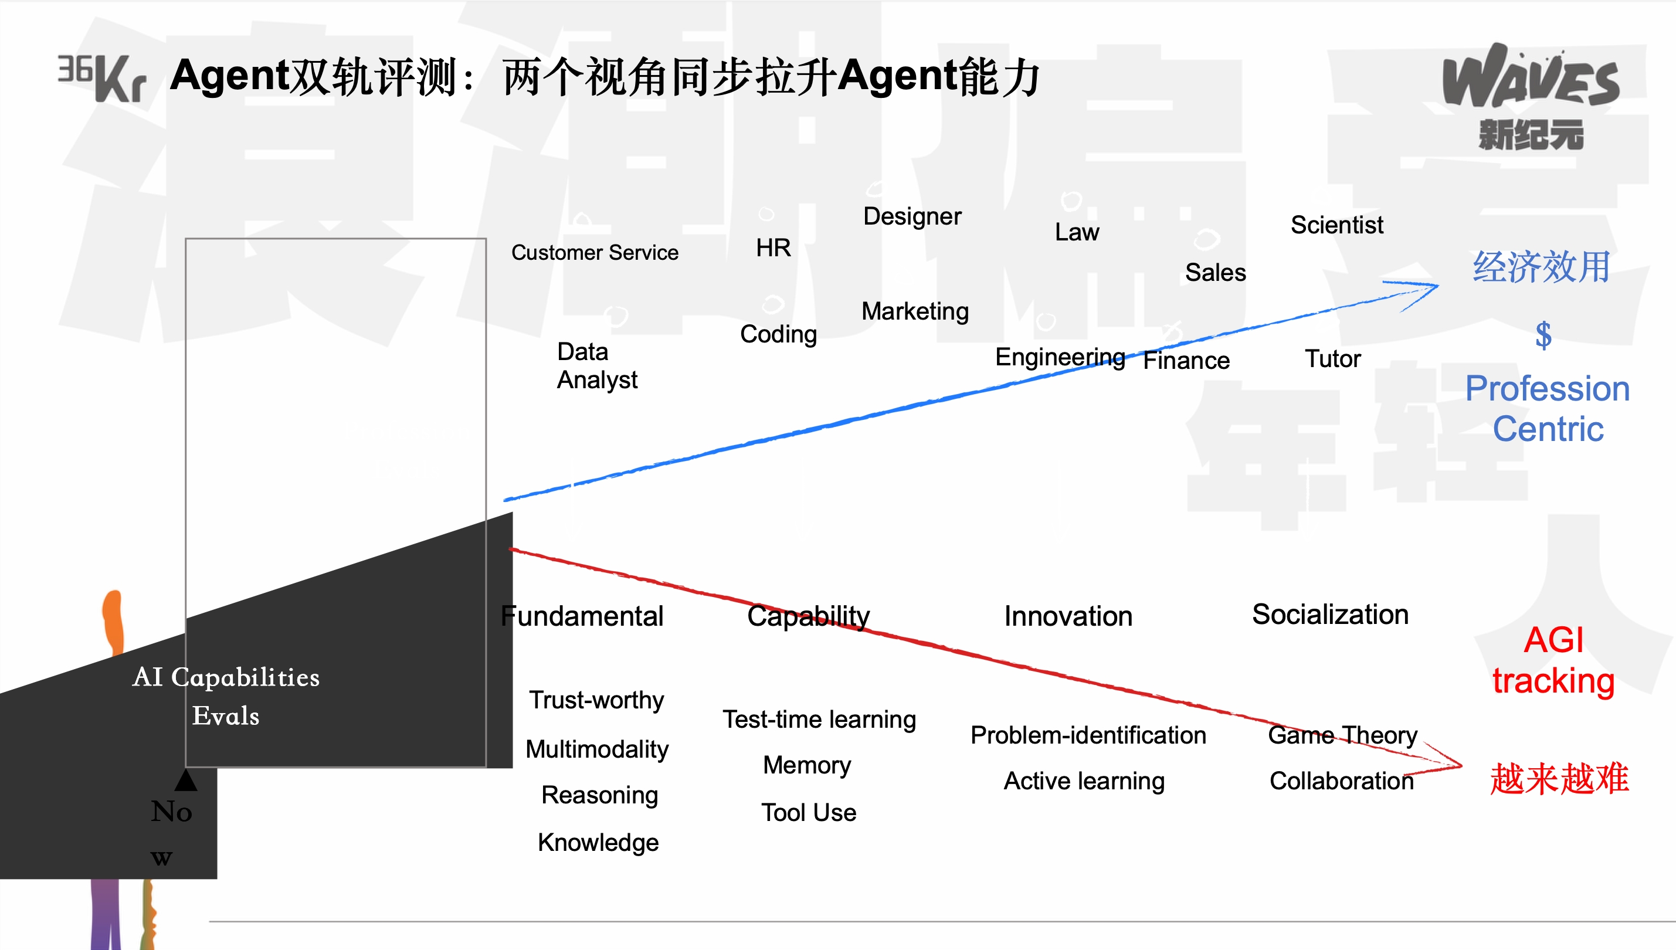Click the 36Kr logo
click(x=102, y=79)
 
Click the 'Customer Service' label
click(x=594, y=253)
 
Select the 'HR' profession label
click(x=773, y=248)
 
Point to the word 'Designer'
click(x=912, y=216)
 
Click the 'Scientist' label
click(x=1337, y=225)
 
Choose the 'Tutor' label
click(x=1333, y=359)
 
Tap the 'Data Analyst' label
click(x=597, y=365)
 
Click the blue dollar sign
click(x=1543, y=335)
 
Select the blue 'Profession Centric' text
click(x=1548, y=409)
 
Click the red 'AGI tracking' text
click(x=1553, y=660)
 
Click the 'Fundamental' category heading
click(x=582, y=616)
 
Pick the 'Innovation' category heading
click(x=1068, y=616)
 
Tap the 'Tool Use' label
click(x=808, y=813)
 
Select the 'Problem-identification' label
click(x=1088, y=735)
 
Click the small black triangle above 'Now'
click(x=186, y=781)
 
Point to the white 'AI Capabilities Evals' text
click(x=226, y=696)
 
